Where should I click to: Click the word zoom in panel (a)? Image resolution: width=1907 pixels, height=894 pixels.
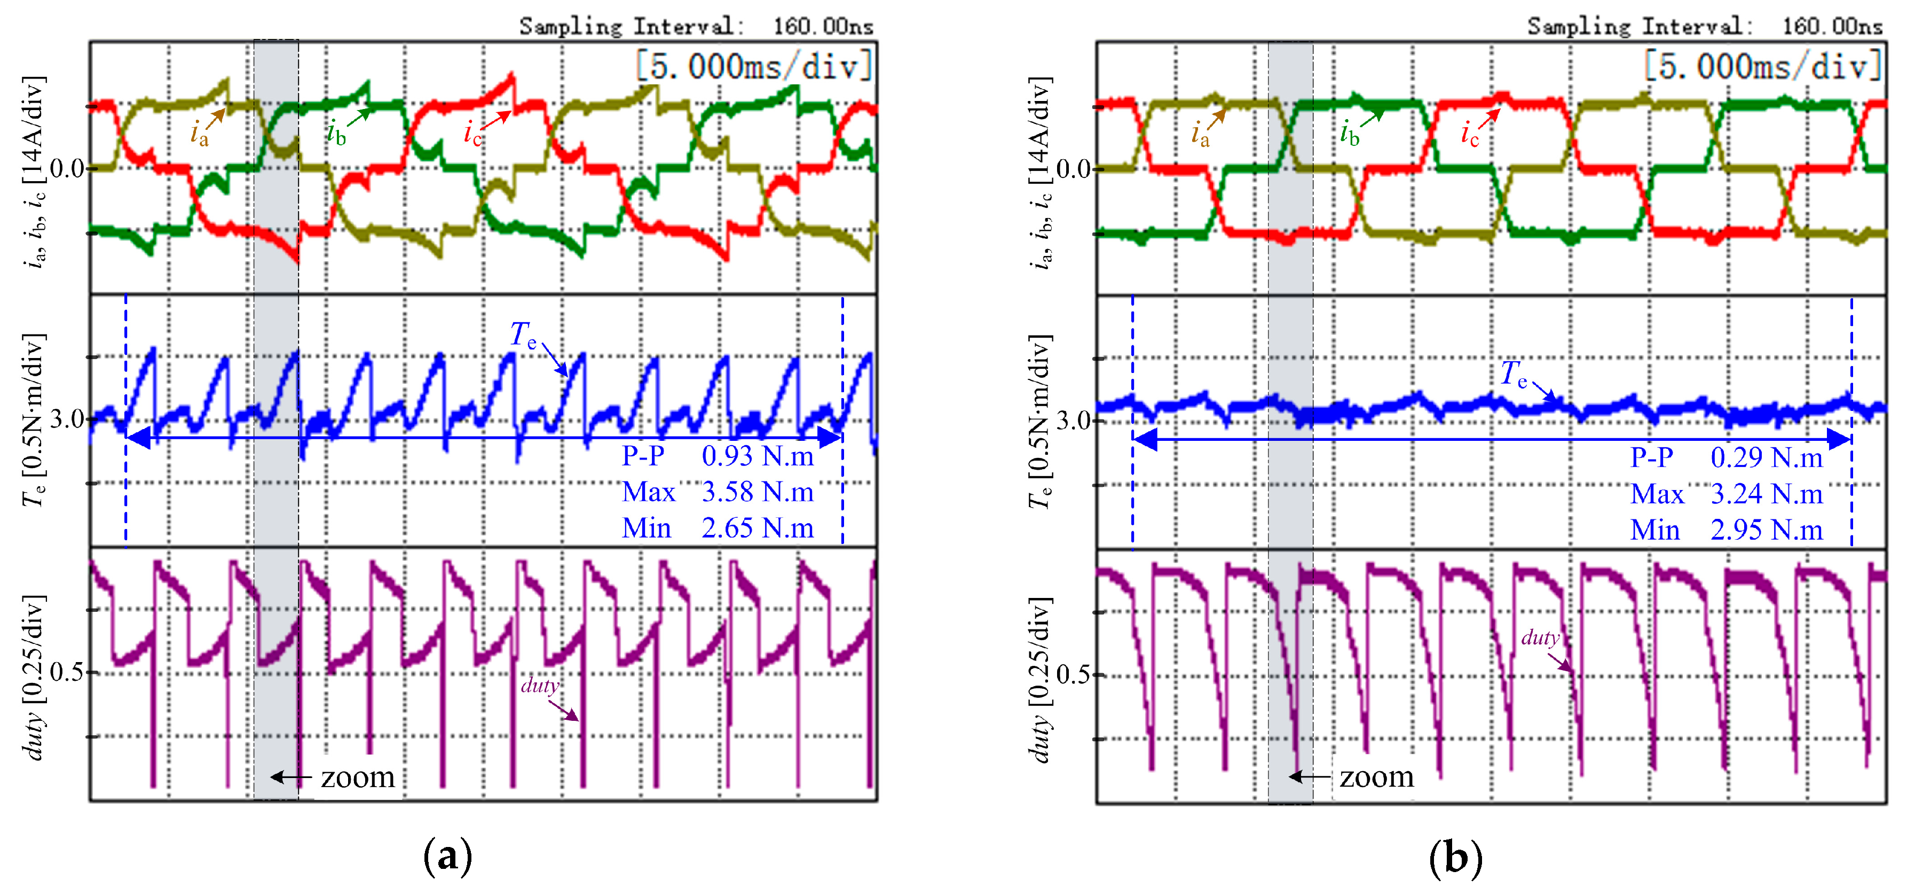pos(358,778)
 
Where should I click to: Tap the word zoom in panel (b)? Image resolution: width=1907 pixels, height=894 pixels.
pos(1376,777)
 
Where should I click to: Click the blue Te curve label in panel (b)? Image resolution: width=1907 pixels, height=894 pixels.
pos(1513,374)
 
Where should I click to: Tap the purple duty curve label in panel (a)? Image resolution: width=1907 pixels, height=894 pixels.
pos(539,686)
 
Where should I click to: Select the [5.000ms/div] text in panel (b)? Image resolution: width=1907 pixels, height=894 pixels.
pos(1762,67)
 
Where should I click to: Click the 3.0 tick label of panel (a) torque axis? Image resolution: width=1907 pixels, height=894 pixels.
pos(67,419)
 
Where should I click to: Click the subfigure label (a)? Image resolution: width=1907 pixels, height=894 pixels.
pos(447,858)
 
